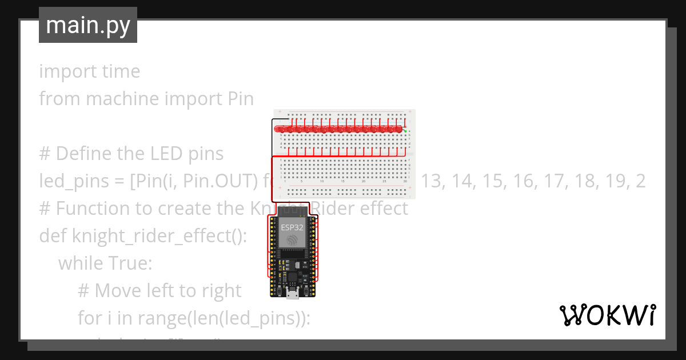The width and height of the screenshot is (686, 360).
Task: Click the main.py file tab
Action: point(87,25)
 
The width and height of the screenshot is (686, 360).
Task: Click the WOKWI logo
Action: point(607,315)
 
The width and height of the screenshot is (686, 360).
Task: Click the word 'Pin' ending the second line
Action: point(237,99)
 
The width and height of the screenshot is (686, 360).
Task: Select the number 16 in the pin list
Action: point(529,181)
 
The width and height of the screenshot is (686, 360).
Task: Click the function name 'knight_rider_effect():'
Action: point(159,236)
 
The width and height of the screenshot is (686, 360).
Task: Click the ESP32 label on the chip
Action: point(292,227)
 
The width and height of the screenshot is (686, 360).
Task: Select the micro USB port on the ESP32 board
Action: point(293,294)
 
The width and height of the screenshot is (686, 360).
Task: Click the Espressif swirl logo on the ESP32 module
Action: point(293,241)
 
